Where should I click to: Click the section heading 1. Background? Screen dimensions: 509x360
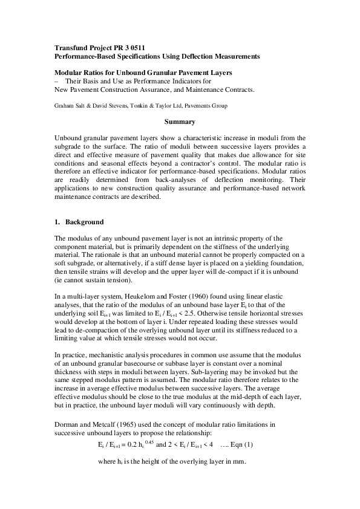pyautogui.click(x=79, y=222)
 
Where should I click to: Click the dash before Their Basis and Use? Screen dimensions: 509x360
pyautogui.click(x=56, y=81)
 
